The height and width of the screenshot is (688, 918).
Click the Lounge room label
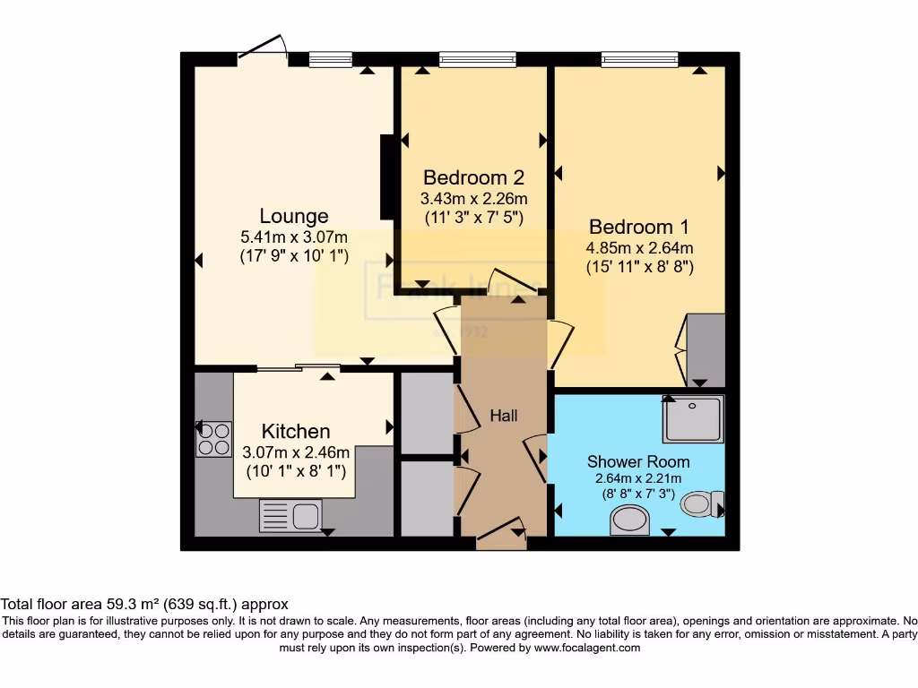coord(294,216)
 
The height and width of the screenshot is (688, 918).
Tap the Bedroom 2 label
coord(473,176)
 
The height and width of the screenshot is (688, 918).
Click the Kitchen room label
coord(296,431)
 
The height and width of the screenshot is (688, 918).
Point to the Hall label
coord(503,416)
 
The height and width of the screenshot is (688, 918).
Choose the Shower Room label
coord(638,461)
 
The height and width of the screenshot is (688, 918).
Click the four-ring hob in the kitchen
coord(214,439)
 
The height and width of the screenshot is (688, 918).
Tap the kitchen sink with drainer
coord(290,516)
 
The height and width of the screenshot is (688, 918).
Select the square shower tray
coord(693,418)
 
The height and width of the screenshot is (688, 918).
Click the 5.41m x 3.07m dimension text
coord(294,237)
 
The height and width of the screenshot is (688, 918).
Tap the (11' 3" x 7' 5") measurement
coord(473,216)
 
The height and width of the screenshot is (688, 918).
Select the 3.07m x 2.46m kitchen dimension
coord(296,452)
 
